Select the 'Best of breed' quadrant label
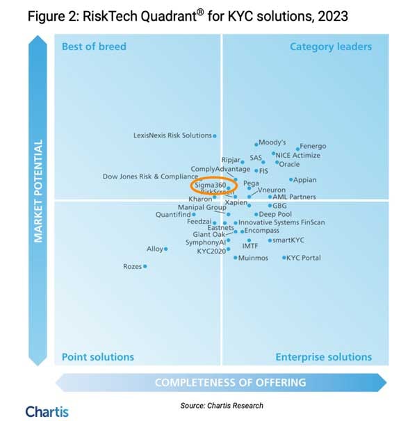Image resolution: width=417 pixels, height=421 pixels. (94, 47)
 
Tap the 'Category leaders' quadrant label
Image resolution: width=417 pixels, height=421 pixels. (330, 47)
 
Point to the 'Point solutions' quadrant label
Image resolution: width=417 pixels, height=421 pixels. (97, 357)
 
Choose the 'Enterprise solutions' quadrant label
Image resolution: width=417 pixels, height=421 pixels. (323, 357)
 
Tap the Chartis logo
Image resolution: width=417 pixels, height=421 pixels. (47, 411)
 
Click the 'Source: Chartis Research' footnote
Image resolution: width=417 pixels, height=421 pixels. (222, 405)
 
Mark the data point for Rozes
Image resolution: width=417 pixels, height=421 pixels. (145, 266)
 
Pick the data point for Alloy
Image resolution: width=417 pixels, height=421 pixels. (165, 249)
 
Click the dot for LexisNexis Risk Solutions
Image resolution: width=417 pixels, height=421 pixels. (215, 135)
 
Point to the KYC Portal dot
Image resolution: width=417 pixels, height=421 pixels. (284, 258)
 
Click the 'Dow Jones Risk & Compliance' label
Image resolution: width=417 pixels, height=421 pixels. (150, 176)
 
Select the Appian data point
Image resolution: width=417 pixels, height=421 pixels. (291, 180)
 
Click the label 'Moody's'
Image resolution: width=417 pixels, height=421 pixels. (272, 142)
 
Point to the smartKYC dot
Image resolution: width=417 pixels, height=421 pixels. (270, 240)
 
